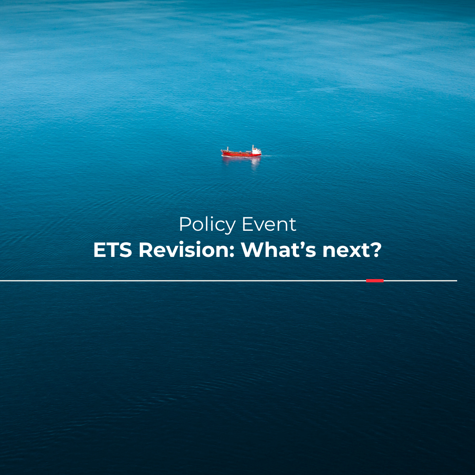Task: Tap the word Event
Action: (269, 224)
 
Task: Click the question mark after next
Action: (374, 250)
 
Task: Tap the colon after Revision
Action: (231, 253)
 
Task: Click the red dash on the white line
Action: (375, 281)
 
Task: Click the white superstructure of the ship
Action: (256, 151)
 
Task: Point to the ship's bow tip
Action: (221, 151)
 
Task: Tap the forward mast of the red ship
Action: (228, 149)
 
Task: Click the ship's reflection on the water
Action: (241, 161)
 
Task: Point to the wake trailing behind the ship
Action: (266, 156)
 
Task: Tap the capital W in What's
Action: (253, 250)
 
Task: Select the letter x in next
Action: (353, 252)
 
